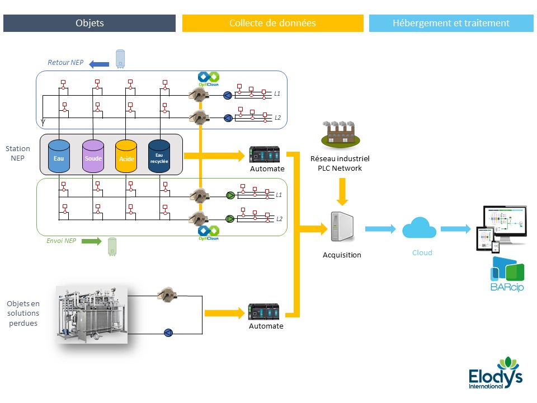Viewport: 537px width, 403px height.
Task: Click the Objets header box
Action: [89, 23]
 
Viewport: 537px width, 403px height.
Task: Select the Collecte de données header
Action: [272, 23]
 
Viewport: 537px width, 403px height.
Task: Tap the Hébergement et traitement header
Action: [451, 23]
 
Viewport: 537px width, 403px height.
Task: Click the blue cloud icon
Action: [420, 229]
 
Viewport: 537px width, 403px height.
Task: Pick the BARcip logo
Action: [507, 274]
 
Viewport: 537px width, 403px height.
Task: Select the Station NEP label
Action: [18, 153]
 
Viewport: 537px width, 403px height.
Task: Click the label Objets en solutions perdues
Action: [23, 313]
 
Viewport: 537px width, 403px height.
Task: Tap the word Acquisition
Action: [342, 255]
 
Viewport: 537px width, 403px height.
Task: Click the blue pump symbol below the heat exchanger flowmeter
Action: [168, 333]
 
